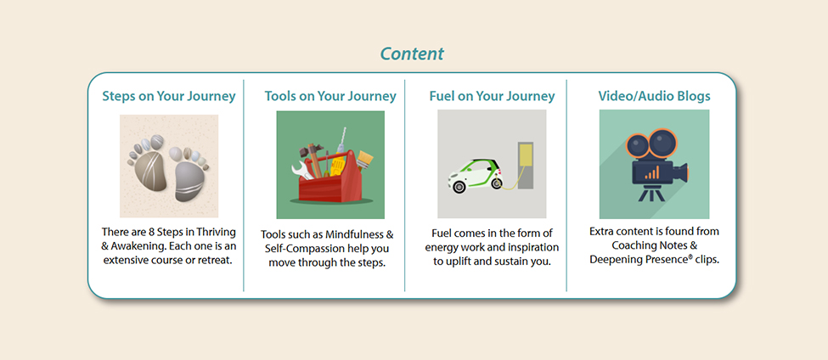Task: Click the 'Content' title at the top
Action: point(412,53)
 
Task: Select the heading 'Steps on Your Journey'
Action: point(165,96)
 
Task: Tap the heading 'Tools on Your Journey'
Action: point(330,96)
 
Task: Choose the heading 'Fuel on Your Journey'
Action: point(492,96)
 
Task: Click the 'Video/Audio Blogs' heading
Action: point(654,96)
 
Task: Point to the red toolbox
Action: point(330,188)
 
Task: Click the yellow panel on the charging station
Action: point(527,154)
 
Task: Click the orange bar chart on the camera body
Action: point(651,173)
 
